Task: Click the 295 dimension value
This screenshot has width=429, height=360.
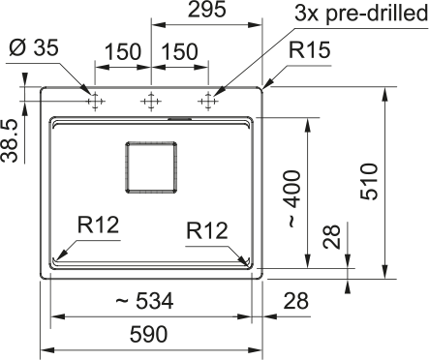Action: [x=206, y=10]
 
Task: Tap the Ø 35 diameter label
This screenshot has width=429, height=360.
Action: [x=34, y=47]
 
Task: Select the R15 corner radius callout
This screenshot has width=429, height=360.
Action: [x=309, y=50]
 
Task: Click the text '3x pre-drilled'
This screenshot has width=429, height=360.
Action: [x=361, y=14]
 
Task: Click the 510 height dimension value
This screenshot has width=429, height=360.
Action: [x=369, y=182]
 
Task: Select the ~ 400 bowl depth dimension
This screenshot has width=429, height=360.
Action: [x=293, y=198]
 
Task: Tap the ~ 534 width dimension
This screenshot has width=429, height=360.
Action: [x=144, y=301]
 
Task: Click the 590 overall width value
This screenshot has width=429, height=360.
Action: [x=148, y=334]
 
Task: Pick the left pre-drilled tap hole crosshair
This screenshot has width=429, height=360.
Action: [x=95, y=102]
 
